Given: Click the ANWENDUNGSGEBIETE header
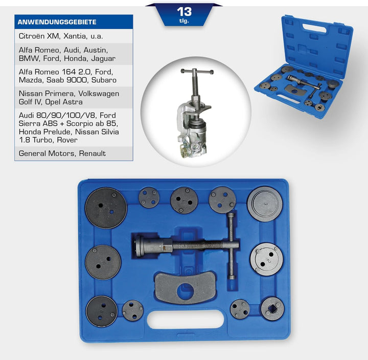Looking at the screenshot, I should tap(57, 22).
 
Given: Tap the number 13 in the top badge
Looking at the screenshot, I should tap(184, 11).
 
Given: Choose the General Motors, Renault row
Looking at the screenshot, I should tap(62, 153).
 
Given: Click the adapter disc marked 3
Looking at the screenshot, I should tap(265, 204).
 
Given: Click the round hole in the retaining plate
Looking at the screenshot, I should tap(185, 291).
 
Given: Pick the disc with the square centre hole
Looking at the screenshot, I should tap(272, 308).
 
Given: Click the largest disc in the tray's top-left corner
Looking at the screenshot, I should tap(106, 207).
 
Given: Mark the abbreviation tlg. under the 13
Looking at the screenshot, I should tap(184, 21).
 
